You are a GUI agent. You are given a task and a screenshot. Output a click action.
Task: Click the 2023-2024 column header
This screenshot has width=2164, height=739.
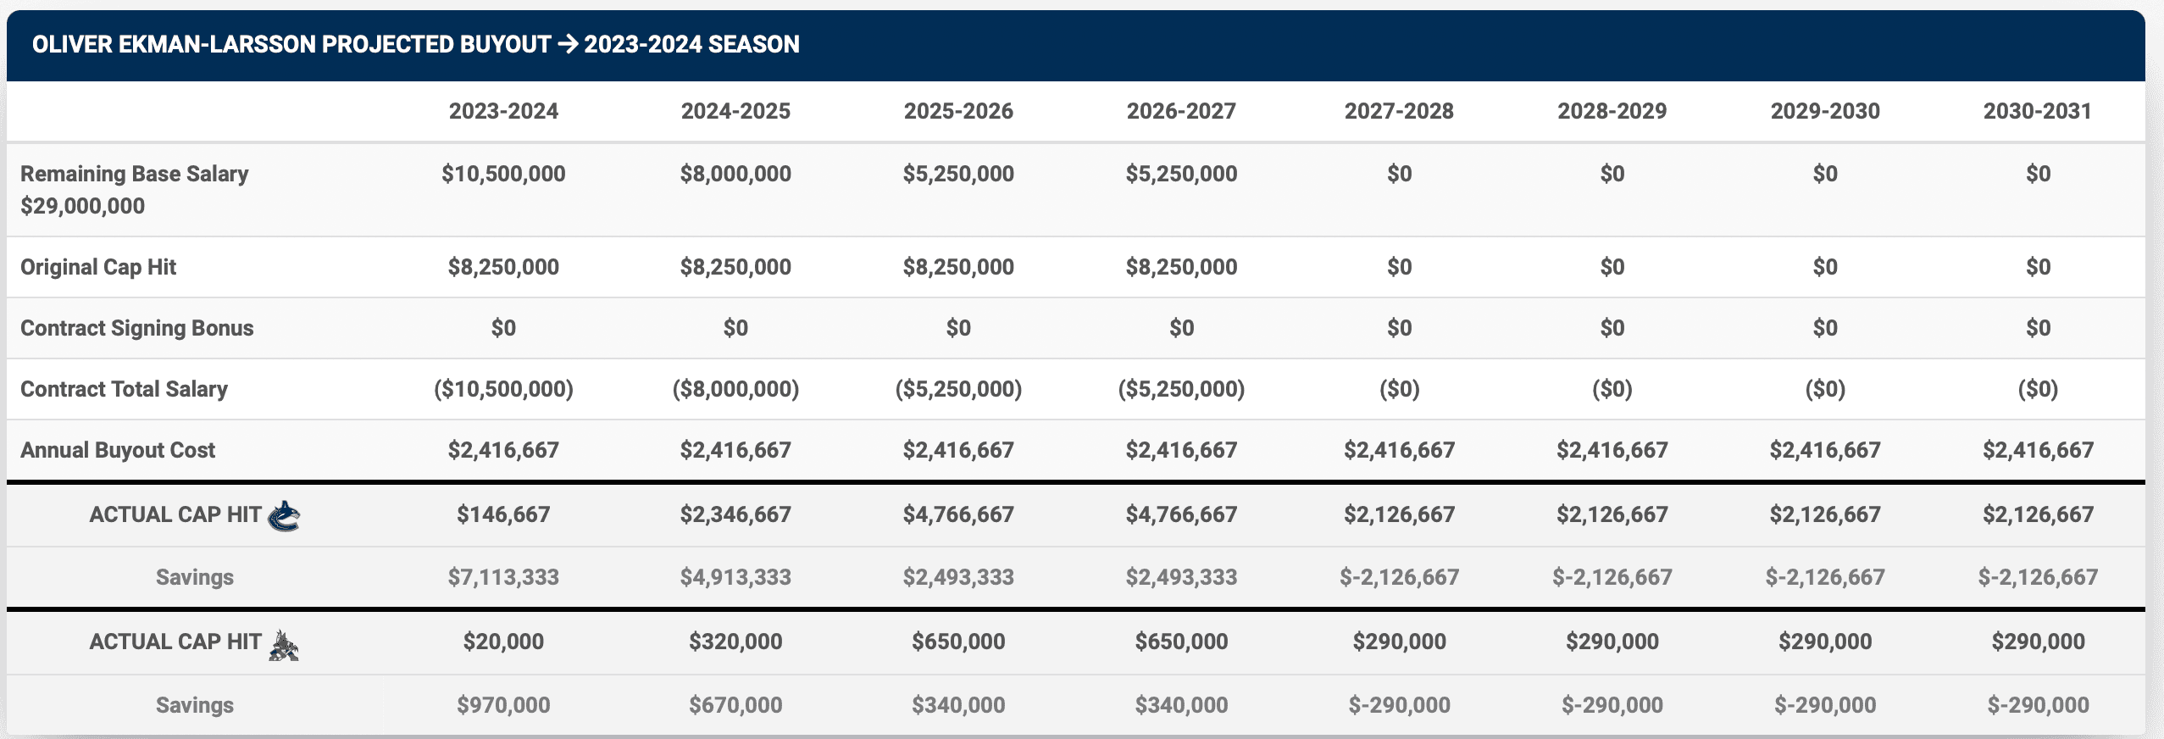(x=503, y=111)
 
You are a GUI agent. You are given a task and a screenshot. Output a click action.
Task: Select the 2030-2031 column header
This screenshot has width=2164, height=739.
(x=2037, y=111)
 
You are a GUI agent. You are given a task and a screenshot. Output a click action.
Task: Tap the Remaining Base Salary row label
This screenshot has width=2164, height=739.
(x=134, y=174)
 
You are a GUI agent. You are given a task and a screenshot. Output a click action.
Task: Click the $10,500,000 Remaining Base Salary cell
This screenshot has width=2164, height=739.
(x=503, y=174)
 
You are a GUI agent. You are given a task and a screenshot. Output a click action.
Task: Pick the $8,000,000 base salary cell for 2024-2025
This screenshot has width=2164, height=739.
(x=735, y=174)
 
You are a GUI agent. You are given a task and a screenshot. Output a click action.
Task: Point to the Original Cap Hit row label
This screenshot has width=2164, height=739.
(x=98, y=267)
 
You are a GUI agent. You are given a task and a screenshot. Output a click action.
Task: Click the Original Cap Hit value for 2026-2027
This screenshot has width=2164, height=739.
(x=1181, y=267)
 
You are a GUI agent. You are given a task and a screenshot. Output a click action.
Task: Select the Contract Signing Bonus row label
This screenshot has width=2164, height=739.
(x=136, y=328)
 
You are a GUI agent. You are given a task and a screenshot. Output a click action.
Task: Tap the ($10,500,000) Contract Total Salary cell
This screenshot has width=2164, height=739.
(x=503, y=389)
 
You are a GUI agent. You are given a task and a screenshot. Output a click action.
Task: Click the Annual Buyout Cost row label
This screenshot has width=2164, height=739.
(x=118, y=450)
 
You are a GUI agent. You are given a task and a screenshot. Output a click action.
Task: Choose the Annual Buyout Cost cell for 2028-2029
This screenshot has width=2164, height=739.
(x=1612, y=450)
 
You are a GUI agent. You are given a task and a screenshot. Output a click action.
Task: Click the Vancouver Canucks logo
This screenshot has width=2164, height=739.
(x=284, y=515)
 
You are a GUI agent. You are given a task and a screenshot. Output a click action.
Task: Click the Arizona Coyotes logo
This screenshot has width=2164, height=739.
(x=284, y=645)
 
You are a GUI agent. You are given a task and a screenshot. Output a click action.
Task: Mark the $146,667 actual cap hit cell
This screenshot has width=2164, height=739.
(x=503, y=514)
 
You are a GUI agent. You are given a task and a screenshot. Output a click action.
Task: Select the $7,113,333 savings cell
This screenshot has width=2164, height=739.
(x=503, y=577)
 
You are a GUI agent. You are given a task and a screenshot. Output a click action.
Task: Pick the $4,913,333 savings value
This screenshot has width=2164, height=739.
(x=735, y=577)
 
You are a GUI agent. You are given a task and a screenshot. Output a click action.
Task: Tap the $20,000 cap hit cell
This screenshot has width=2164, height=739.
(x=503, y=642)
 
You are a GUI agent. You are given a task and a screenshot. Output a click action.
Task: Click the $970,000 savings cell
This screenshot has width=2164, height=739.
(x=503, y=705)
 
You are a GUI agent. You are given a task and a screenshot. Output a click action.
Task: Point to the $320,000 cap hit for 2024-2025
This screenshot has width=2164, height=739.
(x=735, y=642)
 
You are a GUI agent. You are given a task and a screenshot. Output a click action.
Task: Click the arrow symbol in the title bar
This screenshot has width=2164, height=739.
(x=568, y=44)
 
